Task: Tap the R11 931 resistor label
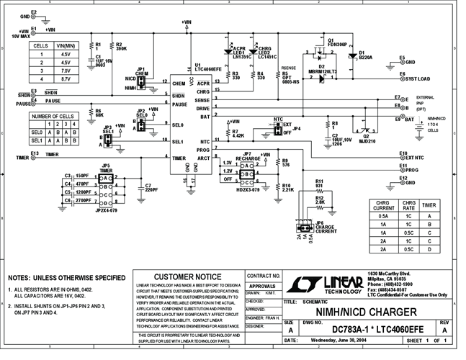click(319, 184)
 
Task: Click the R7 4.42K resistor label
click(238, 134)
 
